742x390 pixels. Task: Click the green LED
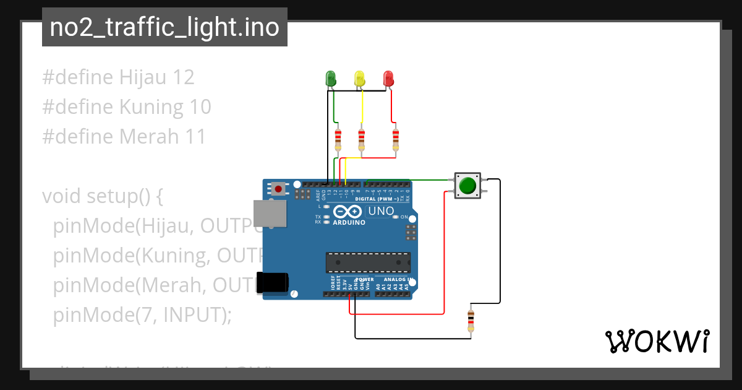tap(331, 79)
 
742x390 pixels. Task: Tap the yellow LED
tap(360, 79)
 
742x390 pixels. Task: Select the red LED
tap(388, 79)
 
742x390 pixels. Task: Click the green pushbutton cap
tap(468, 185)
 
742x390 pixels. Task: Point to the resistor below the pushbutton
tap(471, 321)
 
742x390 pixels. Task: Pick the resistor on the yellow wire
tap(362, 139)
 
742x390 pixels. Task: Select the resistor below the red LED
tap(396, 139)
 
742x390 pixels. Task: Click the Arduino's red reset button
tap(279, 188)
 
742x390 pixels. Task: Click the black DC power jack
tap(272, 282)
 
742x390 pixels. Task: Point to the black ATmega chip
tap(368, 262)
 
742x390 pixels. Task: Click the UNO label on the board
tap(381, 212)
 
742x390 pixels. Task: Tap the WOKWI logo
tap(657, 341)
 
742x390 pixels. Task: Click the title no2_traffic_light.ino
tap(164, 27)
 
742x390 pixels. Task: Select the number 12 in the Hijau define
tap(184, 77)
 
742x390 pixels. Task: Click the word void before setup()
tap(62, 196)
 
